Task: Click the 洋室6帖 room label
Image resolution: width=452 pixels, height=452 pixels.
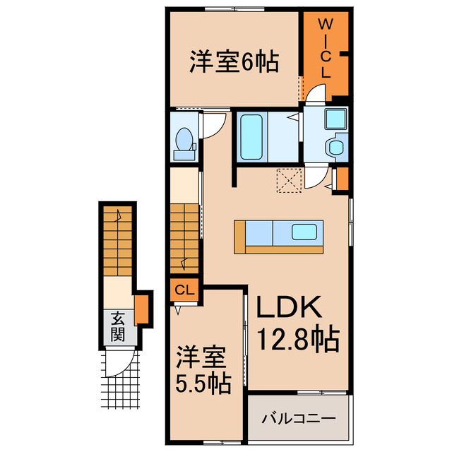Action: (233, 62)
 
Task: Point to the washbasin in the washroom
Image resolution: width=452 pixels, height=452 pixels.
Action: (334, 147)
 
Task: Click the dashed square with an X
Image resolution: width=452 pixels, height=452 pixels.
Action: (289, 181)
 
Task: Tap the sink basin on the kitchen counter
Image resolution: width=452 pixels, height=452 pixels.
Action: (305, 232)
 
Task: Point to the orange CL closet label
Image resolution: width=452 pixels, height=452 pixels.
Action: (184, 290)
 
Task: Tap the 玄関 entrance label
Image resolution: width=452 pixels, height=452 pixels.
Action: (117, 326)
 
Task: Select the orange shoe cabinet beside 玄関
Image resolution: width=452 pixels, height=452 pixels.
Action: (142, 309)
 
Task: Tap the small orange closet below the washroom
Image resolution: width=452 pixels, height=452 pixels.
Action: (342, 179)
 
